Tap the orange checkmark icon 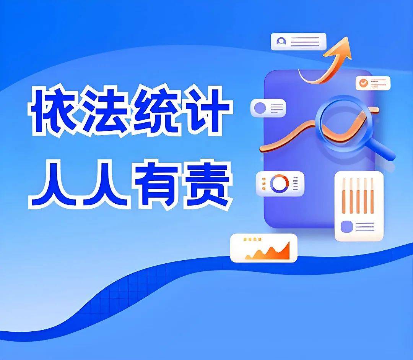[363, 82]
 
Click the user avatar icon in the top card [282, 41]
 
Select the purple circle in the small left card [260, 108]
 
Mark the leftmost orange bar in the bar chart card [343, 196]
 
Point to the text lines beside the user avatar [305, 41]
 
